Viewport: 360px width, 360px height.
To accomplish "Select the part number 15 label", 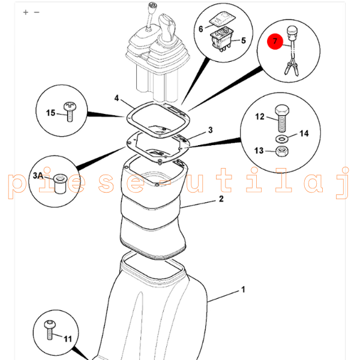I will point(50,112).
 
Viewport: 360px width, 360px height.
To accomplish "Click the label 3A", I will point(39,175).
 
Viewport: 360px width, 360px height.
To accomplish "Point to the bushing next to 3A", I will point(59,184).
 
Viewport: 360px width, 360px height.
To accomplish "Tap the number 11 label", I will point(67,339).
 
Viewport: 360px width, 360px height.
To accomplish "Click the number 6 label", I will point(201,29).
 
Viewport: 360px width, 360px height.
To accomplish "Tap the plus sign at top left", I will point(25,12).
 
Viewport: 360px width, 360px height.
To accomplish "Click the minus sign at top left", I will point(37,12).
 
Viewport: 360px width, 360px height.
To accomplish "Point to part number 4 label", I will point(116,98).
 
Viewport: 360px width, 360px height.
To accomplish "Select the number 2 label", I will point(221,199).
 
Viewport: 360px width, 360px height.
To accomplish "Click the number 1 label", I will point(243,290).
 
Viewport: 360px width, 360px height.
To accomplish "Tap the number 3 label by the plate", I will point(210,130).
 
